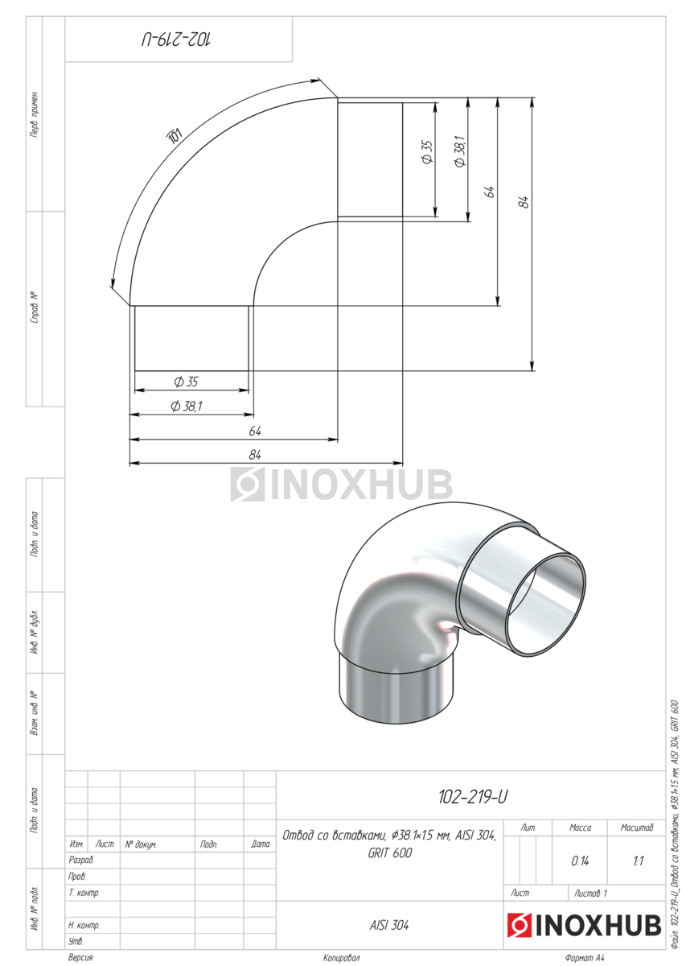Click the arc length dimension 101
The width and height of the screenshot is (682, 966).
coord(175,135)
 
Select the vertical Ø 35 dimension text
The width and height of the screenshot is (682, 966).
coord(427,152)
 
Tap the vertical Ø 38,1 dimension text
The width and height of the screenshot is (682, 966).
coord(460,151)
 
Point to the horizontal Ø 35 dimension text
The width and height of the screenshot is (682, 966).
coord(186,382)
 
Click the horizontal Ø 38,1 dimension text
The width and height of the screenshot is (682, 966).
coord(187,406)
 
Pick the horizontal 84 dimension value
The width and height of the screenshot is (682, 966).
coord(255,455)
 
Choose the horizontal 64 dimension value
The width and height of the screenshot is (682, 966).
coord(255,431)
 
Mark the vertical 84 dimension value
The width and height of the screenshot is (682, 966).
coord(524,202)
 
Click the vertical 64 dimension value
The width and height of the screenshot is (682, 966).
coord(490,192)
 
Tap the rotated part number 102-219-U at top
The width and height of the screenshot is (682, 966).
coord(177,39)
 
